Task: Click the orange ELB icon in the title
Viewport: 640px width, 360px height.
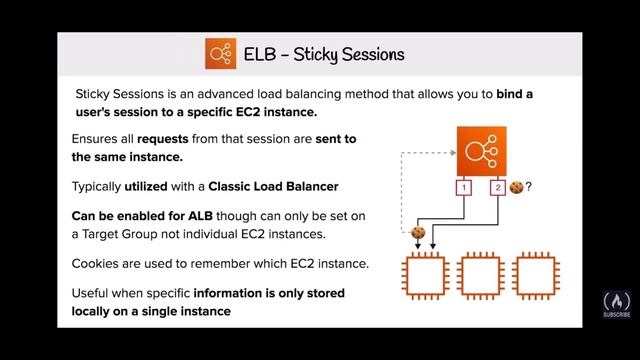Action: [x=221, y=52]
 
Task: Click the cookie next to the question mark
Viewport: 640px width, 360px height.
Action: [x=516, y=187]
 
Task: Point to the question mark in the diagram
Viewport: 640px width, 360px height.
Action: [x=528, y=187]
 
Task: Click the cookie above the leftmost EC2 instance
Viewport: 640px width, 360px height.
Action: [x=418, y=234]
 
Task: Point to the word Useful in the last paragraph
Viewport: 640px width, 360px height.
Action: [x=93, y=294]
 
